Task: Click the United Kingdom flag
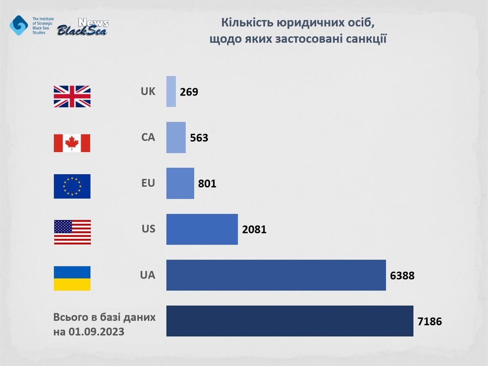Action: click(72, 96)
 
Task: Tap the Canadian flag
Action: click(72, 143)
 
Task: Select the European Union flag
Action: click(72, 186)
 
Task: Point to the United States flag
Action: click(72, 232)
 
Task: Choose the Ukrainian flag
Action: click(72, 278)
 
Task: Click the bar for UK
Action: click(171, 91)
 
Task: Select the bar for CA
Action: click(176, 138)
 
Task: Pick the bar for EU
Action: click(180, 183)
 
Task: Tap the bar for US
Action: click(202, 229)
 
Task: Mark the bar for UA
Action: click(276, 275)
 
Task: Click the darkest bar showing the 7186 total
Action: click(289, 321)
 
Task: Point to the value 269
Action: click(189, 92)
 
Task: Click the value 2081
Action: click(254, 230)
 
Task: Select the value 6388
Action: click(402, 276)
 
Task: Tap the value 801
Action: click(207, 184)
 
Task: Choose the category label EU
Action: click(148, 183)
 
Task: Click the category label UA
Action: click(148, 275)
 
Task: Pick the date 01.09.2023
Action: click(96, 332)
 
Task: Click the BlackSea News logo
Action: click(83, 28)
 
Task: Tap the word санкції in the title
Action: click(361, 39)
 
